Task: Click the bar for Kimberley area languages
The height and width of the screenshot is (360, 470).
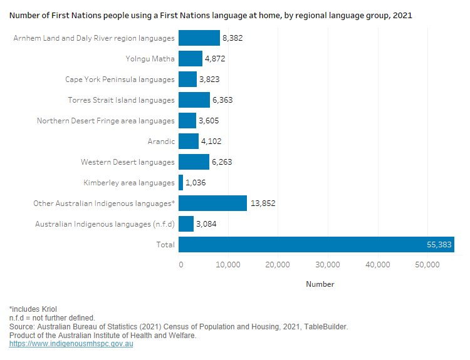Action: click(x=181, y=183)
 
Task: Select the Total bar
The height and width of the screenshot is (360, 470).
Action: click(x=316, y=245)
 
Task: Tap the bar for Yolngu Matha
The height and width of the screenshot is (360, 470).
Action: click(x=191, y=59)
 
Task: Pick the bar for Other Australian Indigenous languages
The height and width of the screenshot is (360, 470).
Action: click(x=212, y=203)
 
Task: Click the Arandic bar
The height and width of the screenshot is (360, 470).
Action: click(x=189, y=141)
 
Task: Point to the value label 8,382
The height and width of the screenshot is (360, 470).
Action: click(x=232, y=38)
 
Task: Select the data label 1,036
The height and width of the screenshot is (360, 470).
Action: click(x=196, y=183)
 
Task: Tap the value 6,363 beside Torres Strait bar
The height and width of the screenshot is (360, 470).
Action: click(x=223, y=100)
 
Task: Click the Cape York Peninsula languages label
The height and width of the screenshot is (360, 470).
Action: click(x=120, y=80)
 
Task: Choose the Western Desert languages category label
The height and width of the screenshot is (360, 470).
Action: click(x=127, y=162)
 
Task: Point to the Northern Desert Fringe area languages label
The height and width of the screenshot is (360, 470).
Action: click(x=105, y=121)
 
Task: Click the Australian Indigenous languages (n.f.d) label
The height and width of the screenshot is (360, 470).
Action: click(x=105, y=224)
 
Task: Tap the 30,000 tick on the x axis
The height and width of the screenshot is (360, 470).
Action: click(x=328, y=265)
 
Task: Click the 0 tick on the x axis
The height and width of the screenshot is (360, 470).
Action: click(x=181, y=265)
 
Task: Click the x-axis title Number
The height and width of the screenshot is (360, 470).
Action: click(x=320, y=284)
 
